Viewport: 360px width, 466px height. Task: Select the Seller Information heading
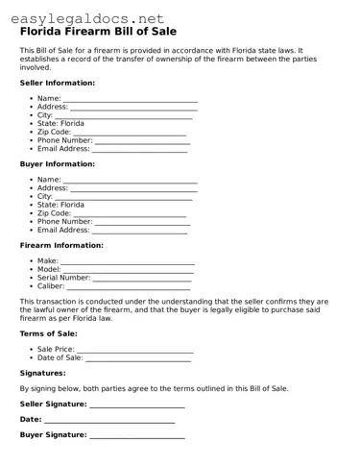[x=64, y=84]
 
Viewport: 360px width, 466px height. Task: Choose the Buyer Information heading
[x=63, y=164]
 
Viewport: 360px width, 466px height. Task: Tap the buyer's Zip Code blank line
[x=136, y=213]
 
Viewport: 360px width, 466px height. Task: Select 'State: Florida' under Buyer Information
[x=60, y=205]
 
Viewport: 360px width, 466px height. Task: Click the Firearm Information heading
[x=65, y=246]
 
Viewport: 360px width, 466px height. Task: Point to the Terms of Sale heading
[x=49, y=333]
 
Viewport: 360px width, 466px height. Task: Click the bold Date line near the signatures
[x=109, y=420]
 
